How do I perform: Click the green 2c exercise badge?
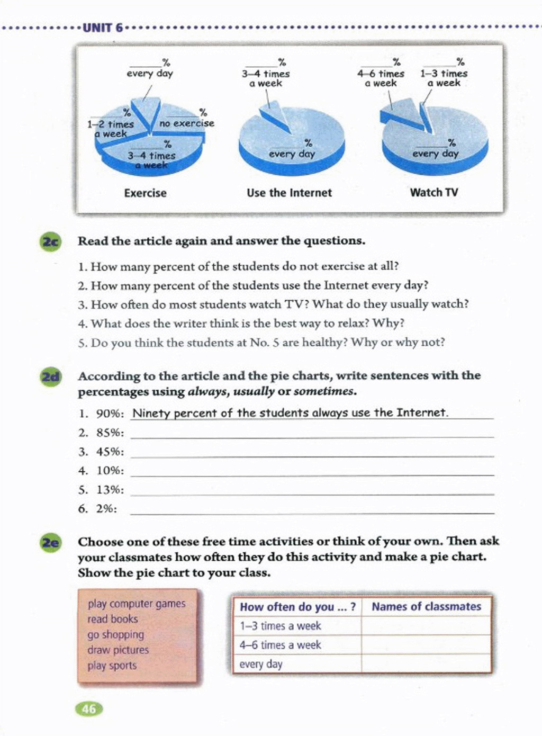(50, 242)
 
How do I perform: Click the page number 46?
(89, 708)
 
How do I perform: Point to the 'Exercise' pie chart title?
(145, 193)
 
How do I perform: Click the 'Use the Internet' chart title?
(289, 193)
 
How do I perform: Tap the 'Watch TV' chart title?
(433, 193)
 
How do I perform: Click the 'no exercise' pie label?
(187, 123)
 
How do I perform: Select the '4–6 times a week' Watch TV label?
(381, 78)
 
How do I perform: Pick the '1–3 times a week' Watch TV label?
(444, 78)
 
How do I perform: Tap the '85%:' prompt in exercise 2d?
(110, 433)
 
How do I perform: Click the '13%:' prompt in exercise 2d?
(110, 490)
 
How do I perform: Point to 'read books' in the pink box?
(112, 619)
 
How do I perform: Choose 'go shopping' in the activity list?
(115, 634)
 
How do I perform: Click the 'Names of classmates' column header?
(426, 607)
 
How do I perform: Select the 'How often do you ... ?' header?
(297, 607)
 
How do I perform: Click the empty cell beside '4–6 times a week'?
(426, 645)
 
